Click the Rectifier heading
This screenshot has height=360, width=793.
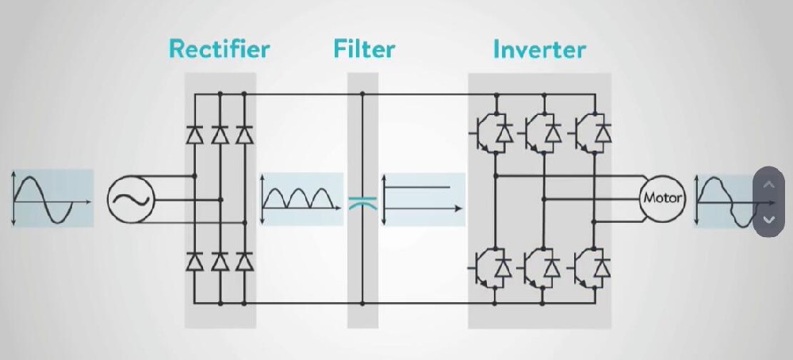(x=220, y=49)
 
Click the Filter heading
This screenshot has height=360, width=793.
(x=364, y=49)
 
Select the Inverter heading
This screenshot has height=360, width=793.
(x=539, y=49)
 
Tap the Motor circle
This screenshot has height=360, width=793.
(x=661, y=198)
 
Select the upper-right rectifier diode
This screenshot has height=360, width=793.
(x=244, y=136)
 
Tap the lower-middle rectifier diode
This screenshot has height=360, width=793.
(x=220, y=263)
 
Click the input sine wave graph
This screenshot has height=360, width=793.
(x=52, y=198)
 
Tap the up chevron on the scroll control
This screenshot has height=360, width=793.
(x=768, y=185)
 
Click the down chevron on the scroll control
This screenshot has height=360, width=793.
(x=768, y=219)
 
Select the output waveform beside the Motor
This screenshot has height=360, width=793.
(x=723, y=201)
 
